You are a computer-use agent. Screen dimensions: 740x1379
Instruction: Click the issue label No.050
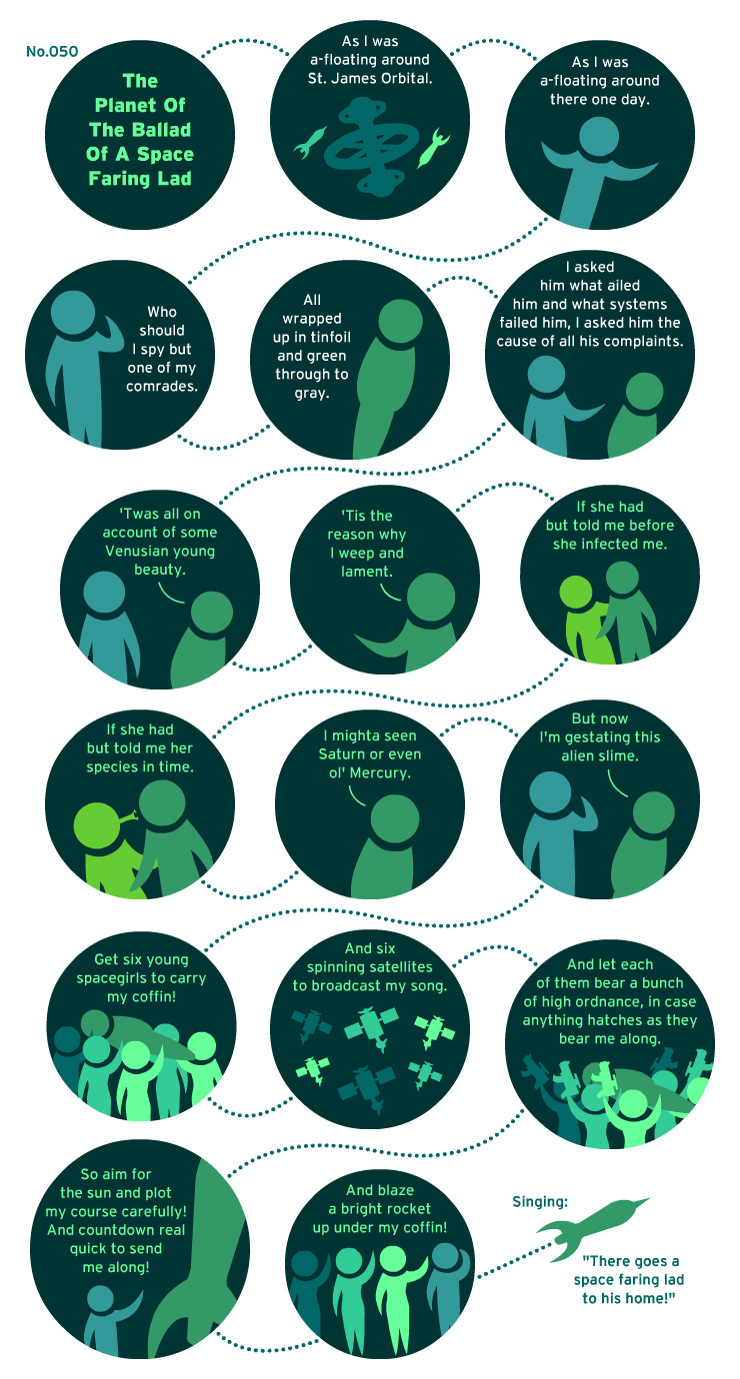coord(52,52)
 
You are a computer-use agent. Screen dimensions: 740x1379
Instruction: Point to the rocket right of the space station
coord(434,148)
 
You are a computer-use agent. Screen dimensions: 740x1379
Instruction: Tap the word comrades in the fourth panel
coord(162,386)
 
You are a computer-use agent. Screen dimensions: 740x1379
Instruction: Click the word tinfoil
coord(331,338)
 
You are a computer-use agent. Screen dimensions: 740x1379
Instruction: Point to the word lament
coord(367,572)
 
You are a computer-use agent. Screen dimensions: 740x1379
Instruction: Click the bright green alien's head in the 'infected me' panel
coord(576,593)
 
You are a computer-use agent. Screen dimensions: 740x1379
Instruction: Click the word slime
coord(619,755)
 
